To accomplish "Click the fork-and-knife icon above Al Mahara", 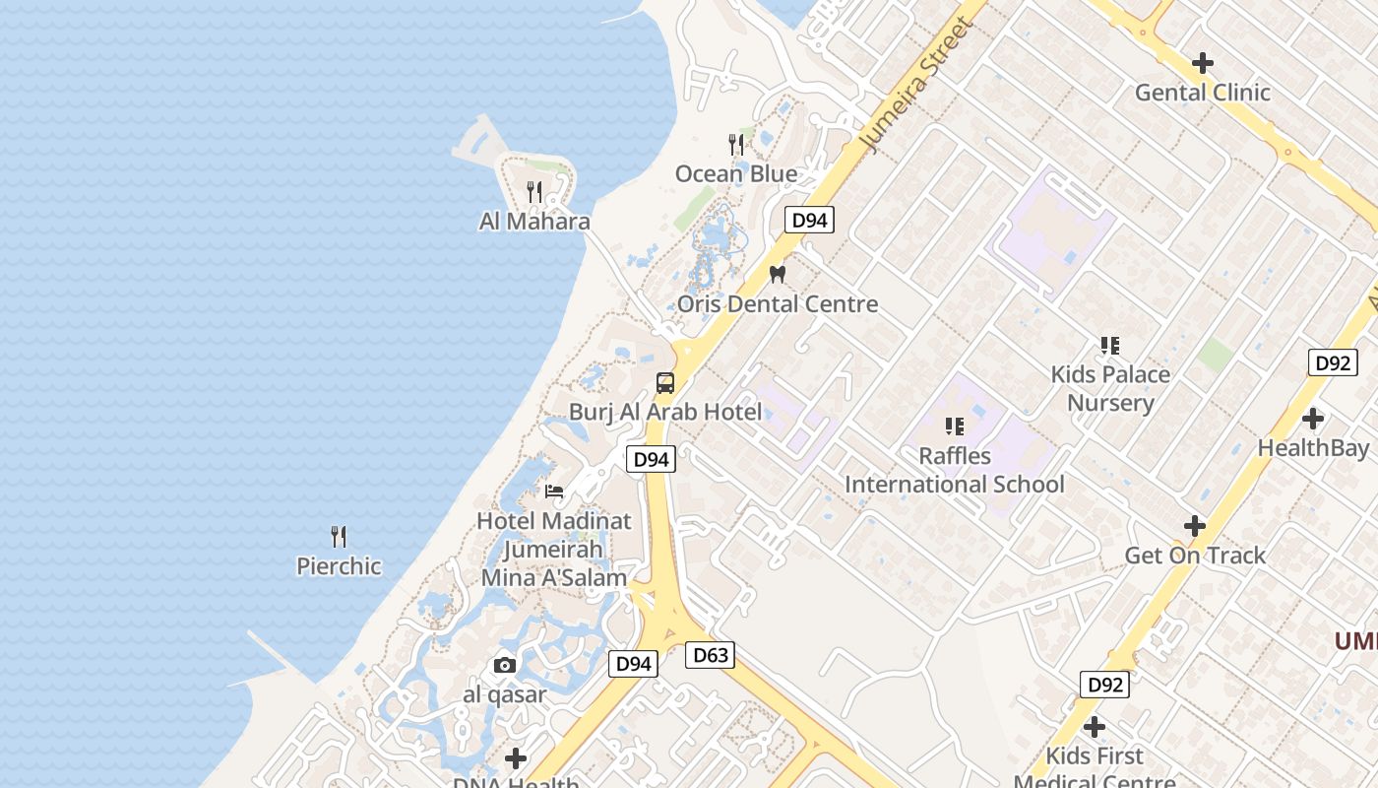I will [534, 191].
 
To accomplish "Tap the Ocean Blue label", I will [735, 174].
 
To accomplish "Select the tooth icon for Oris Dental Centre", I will [777, 275].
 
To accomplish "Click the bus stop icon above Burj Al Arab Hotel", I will [665, 383].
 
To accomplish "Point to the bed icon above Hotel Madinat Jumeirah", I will [554, 491].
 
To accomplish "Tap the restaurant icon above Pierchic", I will [339, 537].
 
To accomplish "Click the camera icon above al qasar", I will [505, 665].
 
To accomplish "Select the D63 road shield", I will [710, 655].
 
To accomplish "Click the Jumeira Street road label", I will [915, 84].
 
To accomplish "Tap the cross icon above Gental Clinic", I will [1202, 63].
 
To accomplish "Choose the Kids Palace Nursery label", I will [1110, 388].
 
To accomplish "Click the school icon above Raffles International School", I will [954, 427].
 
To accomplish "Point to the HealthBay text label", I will [1313, 448].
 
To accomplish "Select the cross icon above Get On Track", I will [1195, 526].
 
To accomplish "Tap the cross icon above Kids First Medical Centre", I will [1094, 727].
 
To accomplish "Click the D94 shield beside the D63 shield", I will [633, 664].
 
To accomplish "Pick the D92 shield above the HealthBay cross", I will [1333, 362].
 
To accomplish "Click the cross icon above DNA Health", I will [515, 758].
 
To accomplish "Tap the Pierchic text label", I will [339, 566].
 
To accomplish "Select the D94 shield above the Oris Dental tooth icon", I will [809, 221].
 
